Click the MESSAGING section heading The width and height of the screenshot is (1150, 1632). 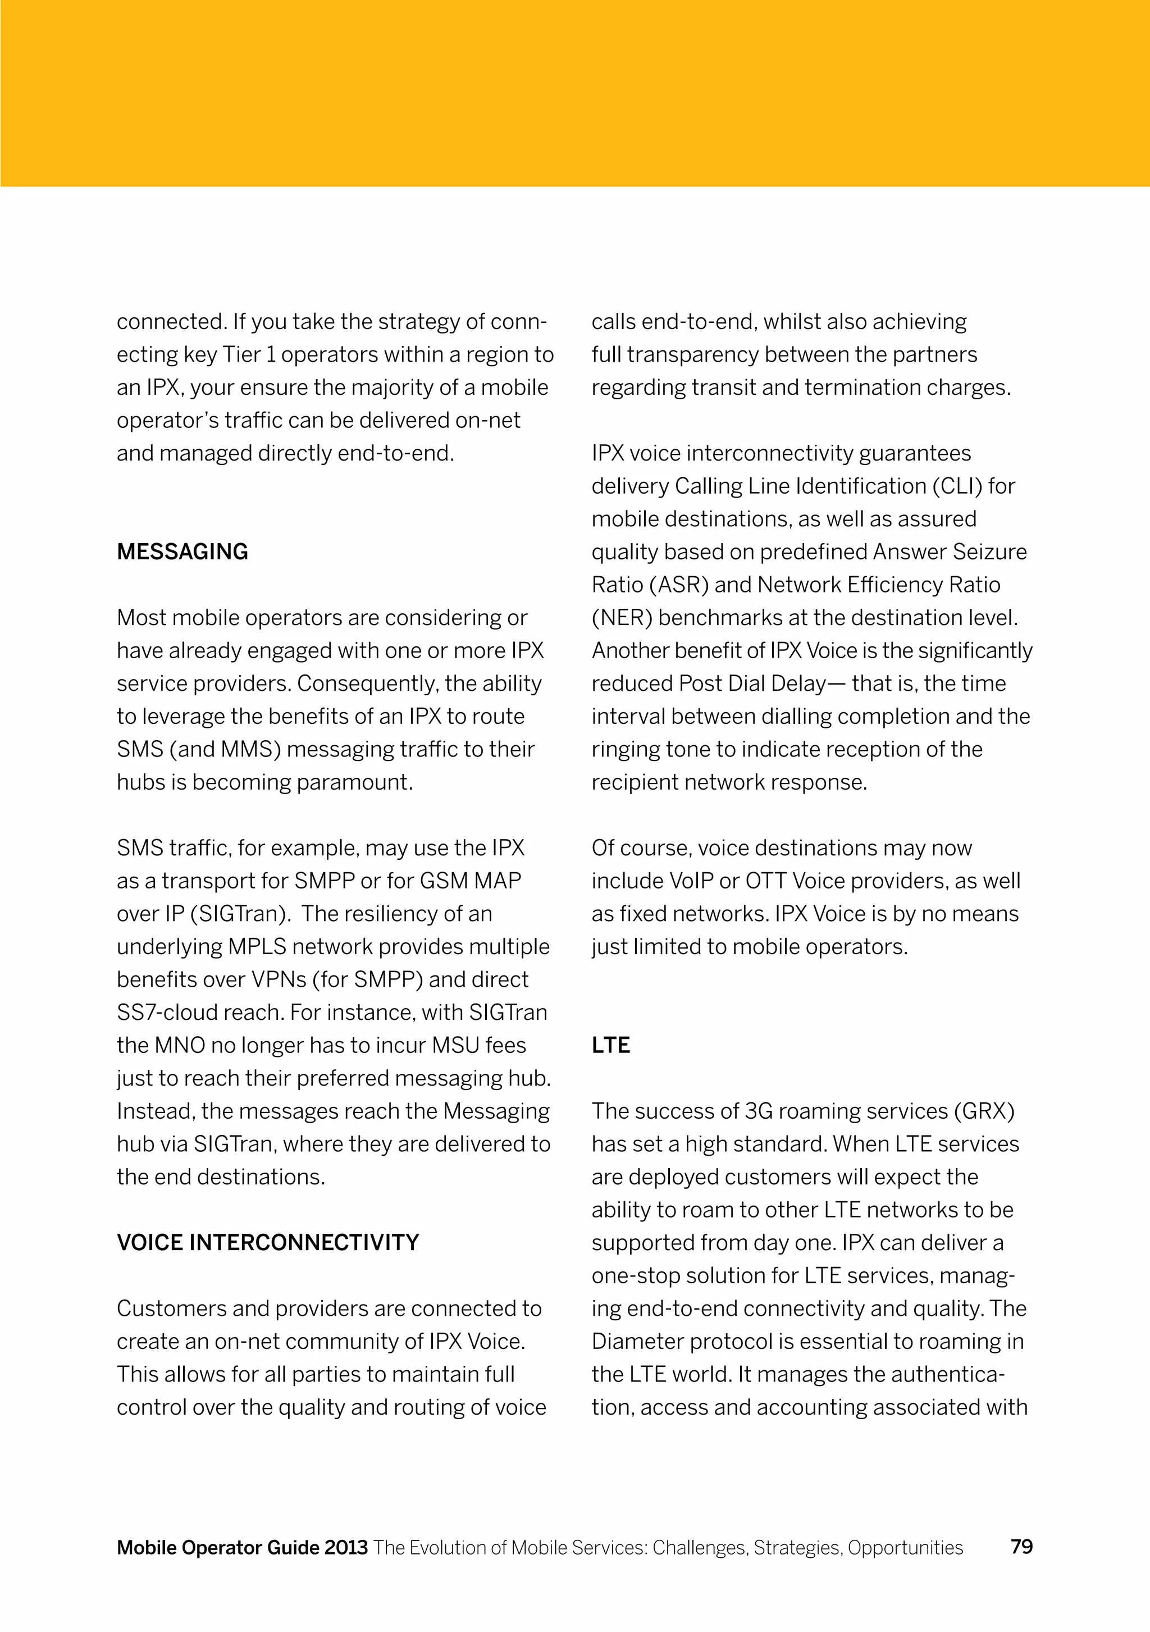[x=182, y=552]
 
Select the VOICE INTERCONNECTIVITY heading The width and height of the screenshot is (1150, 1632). [x=267, y=1242]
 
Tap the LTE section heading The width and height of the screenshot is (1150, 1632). [x=610, y=1045]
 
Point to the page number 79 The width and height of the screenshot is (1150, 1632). [x=1021, y=1547]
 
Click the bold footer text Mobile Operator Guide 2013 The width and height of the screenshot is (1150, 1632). [x=243, y=1547]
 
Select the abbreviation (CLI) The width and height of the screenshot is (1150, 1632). [x=947, y=487]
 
